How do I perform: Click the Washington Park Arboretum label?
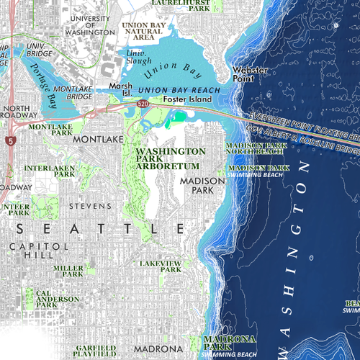pyautogui.click(x=171, y=158)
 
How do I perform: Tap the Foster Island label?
pyautogui.click(x=186, y=99)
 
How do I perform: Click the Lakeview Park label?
pyautogui.click(x=161, y=266)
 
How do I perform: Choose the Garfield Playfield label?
pyautogui.click(x=94, y=351)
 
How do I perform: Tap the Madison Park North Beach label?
pyautogui.click(x=256, y=148)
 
